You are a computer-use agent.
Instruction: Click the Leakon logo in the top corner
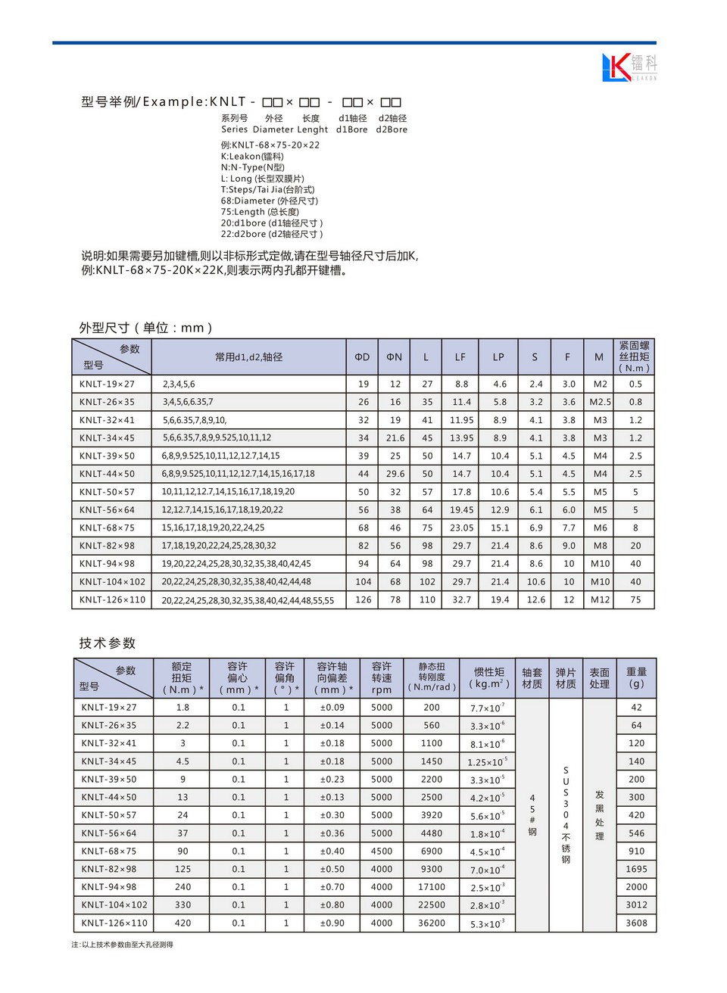point(629,67)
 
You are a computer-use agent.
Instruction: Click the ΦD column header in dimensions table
point(363,357)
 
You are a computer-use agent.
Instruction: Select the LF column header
point(460,357)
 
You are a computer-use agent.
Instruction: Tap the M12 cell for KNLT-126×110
point(600,600)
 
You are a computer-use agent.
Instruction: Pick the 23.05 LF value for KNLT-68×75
point(462,528)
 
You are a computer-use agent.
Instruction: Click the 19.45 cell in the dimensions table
point(462,510)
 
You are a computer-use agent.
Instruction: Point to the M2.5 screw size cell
point(600,403)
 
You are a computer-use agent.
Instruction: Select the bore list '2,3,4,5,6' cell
point(179,384)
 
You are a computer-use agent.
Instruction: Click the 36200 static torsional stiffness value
point(432,923)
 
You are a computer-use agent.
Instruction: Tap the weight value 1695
point(636,870)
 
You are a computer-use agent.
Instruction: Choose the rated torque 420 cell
point(183,923)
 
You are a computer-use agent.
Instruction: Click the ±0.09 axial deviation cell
point(332,708)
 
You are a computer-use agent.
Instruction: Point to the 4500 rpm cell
point(382,851)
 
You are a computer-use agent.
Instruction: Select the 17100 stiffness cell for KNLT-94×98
point(432,887)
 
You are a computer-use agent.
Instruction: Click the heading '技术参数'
point(108,643)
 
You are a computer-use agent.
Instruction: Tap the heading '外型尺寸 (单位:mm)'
point(146,328)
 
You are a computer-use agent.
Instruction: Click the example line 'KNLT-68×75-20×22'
point(270,145)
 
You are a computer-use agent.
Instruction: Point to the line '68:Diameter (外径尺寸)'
point(270,201)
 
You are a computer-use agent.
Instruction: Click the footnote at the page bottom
point(123,945)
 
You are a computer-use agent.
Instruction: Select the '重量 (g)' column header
point(636,677)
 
